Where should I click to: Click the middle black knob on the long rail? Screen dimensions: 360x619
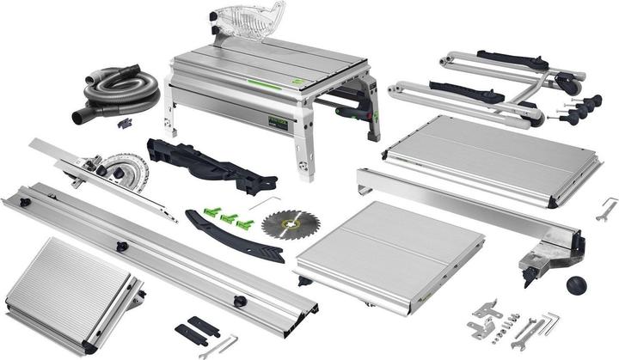[123, 247]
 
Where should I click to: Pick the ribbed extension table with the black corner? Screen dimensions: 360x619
[69, 296]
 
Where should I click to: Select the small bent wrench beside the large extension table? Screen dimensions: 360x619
[607, 207]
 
